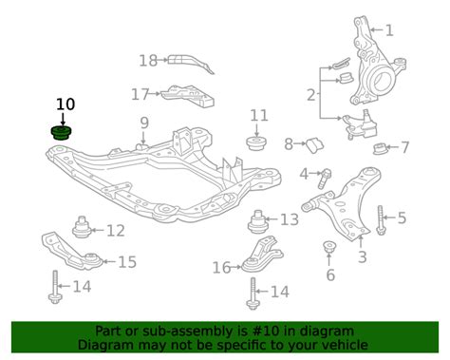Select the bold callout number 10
(x=65, y=104)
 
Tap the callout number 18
(x=147, y=61)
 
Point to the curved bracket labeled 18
(x=191, y=64)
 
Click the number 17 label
(x=141, y=94)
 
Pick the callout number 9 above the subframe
(x=144, y=122)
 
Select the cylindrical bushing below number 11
(x=255, y=143)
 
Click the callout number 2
(x=309, y=94)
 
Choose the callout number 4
(x=304, y=173)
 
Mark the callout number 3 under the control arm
(x=362, y=256)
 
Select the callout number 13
(x=289, y=219)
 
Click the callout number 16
(x=221, y=268)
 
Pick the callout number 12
(x=115, y=230)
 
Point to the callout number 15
(x=126, y=261)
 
